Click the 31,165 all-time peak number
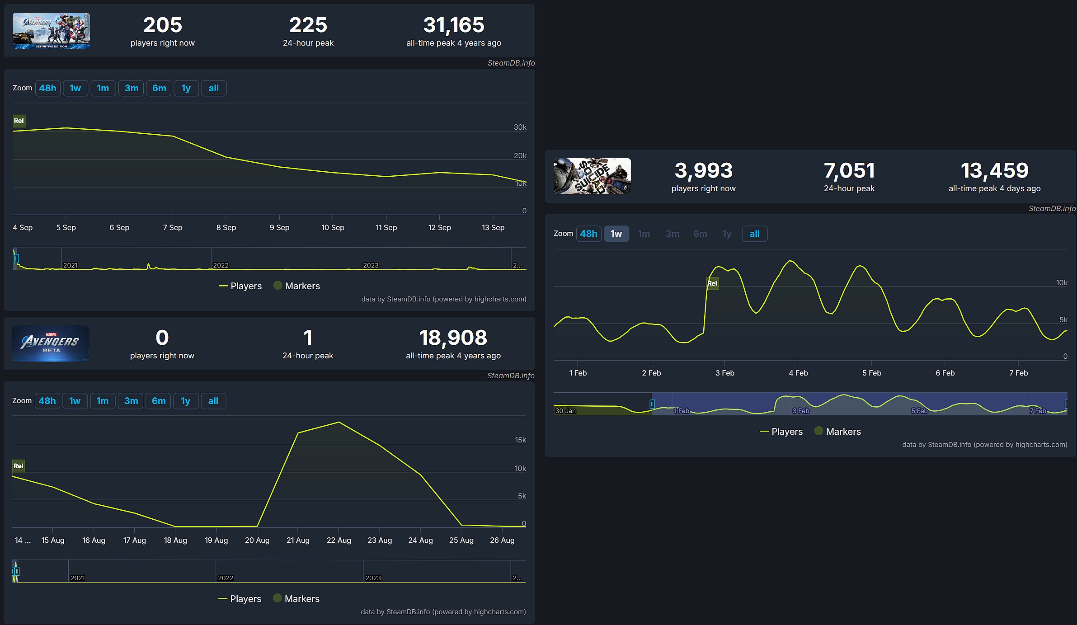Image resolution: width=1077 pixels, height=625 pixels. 453,25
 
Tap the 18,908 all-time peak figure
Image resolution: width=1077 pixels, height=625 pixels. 453,338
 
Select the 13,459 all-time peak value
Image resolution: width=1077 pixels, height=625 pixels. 994,171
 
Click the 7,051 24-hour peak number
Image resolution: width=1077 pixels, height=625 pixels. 849,171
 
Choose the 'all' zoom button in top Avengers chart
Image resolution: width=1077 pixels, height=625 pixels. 213,88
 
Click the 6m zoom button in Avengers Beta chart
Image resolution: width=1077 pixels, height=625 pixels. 159,401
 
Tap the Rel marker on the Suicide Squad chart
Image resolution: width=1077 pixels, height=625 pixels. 712,283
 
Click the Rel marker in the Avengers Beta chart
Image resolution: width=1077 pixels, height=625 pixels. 19,466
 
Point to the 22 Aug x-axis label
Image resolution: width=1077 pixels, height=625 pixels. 339,540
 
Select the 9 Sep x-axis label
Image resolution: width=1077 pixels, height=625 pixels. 279,227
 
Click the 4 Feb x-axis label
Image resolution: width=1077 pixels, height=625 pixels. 798,373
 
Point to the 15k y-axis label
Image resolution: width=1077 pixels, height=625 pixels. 520,440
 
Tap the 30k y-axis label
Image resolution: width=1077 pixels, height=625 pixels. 520,127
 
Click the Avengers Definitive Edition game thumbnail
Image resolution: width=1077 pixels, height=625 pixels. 51,31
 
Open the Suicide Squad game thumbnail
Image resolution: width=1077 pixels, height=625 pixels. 592,176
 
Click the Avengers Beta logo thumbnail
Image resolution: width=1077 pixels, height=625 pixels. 51,343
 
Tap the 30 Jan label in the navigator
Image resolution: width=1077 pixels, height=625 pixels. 565,411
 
